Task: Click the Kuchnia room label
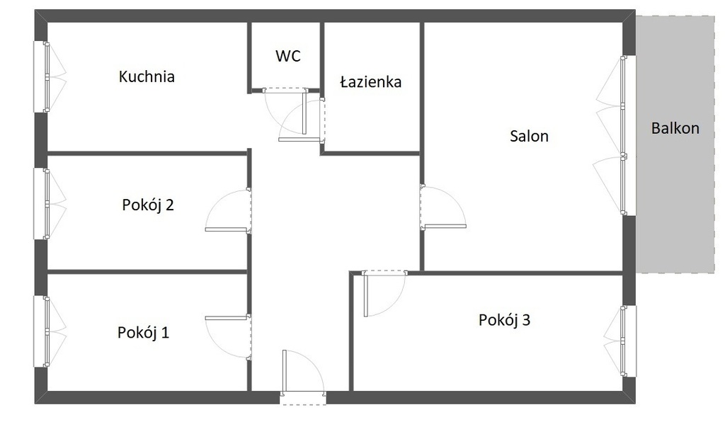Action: pyautogui.click(x=147, y=76)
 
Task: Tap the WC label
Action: pyautogui.click(x=287, y=56)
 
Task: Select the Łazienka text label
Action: pyautogui.click(x=371, y=82)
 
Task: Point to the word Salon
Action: pyautogui.click(x=529, y=137)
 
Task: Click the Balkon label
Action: pyautogui.click(x=675, y=128)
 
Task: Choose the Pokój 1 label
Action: pyautogui.click(x=143, y=332)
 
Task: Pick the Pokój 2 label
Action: pyautogui.click(x=148, y=205)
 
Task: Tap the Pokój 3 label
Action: pyautogui.click(x=504, y=320)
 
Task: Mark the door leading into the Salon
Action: pyautogui.click(x=443, y=207)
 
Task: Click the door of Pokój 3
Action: pyautogui.click(x=384, y=294)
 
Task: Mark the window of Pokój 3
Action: pyautogui.click(x=621, y=341)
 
